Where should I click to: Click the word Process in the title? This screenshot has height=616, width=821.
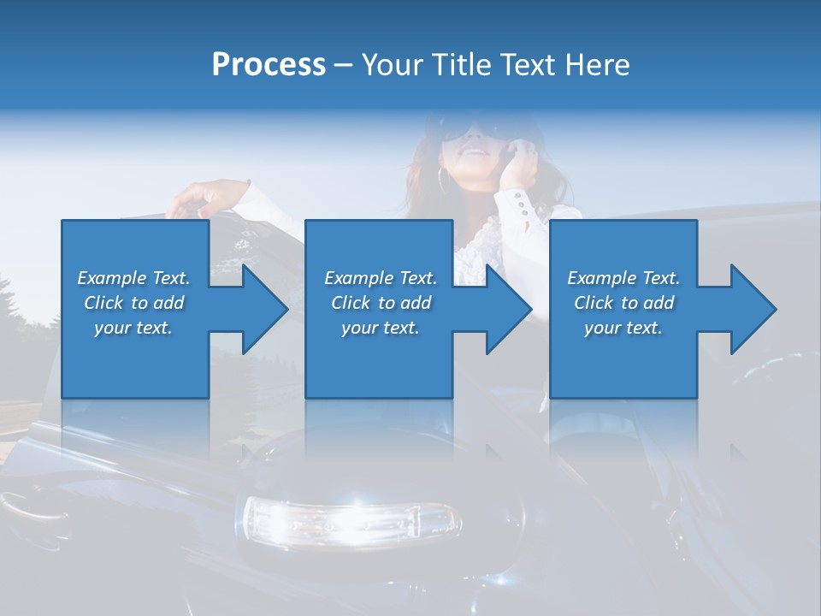(269, 65)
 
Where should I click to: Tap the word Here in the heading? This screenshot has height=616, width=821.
(596, 65)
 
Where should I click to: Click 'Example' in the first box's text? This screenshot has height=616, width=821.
(112, 278)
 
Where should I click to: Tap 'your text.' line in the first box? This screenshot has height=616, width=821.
(133, 328)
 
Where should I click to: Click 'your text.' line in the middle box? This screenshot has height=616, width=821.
(380, 328)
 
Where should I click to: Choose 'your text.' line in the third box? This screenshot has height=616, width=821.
(623, 328)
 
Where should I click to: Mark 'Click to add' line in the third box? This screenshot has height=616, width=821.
(623, 303)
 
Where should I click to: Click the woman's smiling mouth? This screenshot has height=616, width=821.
(473, 151)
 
